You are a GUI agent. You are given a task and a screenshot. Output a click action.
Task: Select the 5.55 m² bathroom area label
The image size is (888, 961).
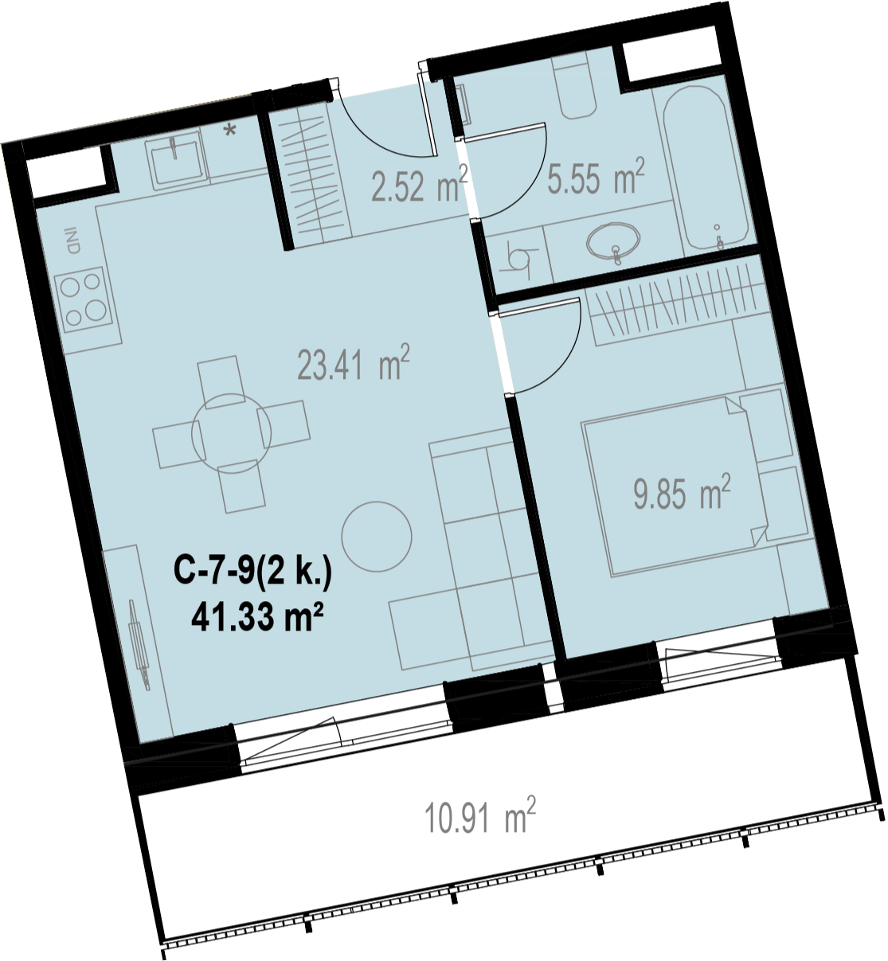(596, 175)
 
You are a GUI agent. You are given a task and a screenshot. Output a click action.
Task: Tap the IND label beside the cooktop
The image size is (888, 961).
(73, 240)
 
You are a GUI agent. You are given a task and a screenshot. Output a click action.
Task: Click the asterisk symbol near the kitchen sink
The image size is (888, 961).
(231, 130)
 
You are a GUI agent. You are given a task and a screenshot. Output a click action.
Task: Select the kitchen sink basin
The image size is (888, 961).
(178, 160)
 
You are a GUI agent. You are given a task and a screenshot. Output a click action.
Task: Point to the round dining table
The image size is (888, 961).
(232, 432)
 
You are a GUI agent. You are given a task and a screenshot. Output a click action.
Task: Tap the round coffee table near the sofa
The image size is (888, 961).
(377, 536)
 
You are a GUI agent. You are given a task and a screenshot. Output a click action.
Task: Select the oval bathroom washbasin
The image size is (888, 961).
(613, 240)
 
